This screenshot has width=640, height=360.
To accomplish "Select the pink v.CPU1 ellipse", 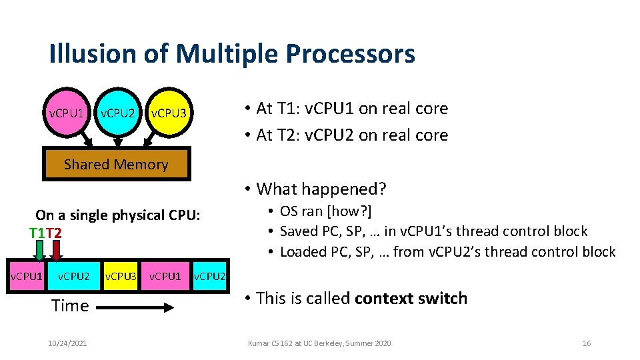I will [67, 113].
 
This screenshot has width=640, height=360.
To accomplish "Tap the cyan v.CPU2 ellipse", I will [118, 113].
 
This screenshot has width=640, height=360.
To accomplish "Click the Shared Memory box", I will [117, 165].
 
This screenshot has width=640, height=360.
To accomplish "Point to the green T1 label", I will [38, 233].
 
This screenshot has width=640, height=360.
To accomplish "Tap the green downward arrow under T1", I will [40, 251].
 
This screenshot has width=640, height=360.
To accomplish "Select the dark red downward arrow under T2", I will [57, 251].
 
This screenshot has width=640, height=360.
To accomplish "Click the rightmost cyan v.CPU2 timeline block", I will [209, 276].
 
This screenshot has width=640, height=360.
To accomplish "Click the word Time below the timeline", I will [70, 306].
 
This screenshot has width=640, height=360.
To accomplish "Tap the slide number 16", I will [586, 343].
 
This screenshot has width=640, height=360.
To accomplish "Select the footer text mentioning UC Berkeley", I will [319, 343].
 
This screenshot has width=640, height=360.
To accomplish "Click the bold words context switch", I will [411, 298].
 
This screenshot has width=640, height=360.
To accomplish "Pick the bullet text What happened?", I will [321, 189].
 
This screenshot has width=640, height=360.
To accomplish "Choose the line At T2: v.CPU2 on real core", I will [352, 135].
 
